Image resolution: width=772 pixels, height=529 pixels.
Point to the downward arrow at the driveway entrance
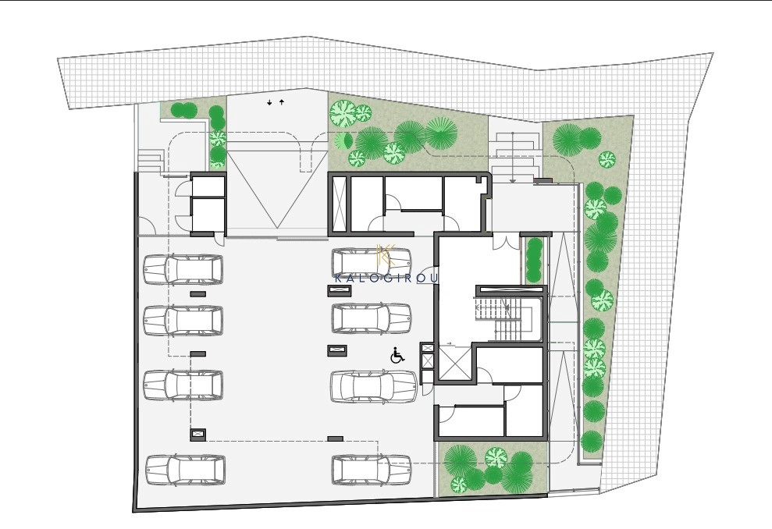[x=269, y=103]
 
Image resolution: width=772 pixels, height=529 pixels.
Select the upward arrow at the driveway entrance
[x=282, y=102]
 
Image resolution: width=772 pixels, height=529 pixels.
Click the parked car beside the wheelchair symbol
[x=374, y=386]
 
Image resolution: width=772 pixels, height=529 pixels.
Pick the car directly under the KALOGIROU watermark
[x=372, y=318]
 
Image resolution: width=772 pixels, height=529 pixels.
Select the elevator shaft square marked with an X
[x=451, y=364]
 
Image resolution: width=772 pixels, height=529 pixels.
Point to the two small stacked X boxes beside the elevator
[x=427, y=357]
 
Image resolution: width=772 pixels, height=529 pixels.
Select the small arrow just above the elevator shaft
[x=449, y=343]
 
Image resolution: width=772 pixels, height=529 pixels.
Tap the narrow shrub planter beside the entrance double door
[x=533, y=261]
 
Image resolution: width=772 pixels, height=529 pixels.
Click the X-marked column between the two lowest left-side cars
[x=198, y=435]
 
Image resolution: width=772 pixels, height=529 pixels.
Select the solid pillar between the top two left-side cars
[x=198, y=294]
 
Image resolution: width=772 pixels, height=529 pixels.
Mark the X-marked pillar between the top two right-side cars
[x=340, y=291]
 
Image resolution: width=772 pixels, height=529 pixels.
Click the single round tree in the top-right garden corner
[x=607, y=159]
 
